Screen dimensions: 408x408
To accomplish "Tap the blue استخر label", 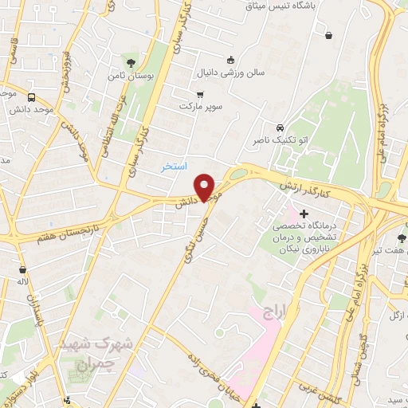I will [x=174, y=167].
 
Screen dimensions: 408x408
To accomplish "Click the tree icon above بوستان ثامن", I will [x=129, y=61].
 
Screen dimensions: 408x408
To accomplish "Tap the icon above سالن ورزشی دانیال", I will [x=230, y=60].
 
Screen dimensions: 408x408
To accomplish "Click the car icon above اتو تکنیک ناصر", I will [x=279, y=128].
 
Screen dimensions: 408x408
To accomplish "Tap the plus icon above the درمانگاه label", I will [x=304, y=214].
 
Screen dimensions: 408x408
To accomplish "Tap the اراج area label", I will [x=270, y=312].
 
